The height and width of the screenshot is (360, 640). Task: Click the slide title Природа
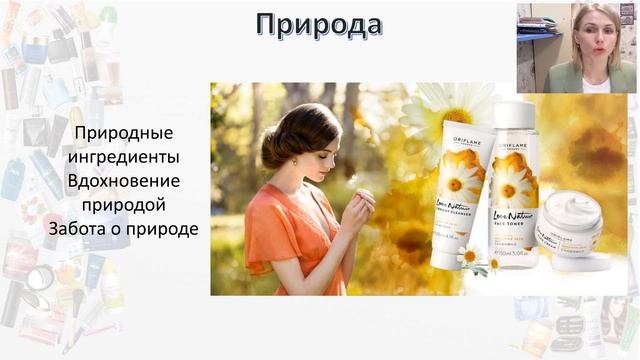point(318,24)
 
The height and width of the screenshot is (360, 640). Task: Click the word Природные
point(125,133)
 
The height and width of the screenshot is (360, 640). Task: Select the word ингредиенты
point(126,157)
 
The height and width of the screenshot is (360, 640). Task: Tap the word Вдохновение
point(125,181)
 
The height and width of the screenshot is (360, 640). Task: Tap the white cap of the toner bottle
point(514,117)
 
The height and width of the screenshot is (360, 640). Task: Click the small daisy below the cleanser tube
point(468,256)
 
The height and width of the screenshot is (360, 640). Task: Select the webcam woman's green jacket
point(571,78)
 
